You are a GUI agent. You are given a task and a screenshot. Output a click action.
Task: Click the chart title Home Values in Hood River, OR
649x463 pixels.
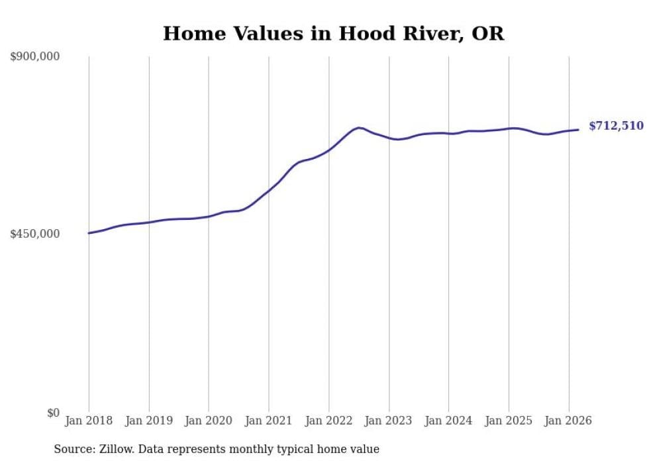pos(333,33)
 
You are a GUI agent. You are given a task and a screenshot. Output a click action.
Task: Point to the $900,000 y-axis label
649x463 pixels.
pos(35,57)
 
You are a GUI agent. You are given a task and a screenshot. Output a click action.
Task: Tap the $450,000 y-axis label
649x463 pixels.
pos(35,234)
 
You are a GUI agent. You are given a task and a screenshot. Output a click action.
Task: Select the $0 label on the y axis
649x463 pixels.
pos(53,413)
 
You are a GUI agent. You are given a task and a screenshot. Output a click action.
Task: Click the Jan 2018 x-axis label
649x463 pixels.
pos(89,421)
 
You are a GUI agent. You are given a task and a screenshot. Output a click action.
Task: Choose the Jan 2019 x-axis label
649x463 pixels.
pos(148,421)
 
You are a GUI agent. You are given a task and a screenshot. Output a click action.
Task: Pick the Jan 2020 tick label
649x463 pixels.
pos(209,421)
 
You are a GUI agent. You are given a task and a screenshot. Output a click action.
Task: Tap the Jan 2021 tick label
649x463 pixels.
pos(268,421)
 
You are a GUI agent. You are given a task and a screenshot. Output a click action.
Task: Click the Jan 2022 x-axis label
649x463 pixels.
pos(328,421)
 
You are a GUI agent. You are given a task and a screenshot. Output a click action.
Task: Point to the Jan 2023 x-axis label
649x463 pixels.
pos(389,421)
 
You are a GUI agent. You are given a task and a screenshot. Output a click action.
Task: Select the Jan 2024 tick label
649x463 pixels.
pos(448,421)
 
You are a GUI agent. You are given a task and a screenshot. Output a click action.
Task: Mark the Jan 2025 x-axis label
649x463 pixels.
pos(509,421)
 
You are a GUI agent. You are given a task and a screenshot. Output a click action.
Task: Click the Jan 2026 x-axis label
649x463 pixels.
pos(568,421)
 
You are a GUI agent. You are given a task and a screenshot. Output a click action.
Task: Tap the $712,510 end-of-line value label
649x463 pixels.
pos(616,126)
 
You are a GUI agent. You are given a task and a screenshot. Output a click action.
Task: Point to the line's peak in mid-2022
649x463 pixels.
pos(358,127)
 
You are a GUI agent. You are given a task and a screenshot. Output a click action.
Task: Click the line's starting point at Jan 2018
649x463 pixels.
pos(89,233)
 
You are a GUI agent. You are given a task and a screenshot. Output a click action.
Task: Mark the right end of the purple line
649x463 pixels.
pos(579,130)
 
